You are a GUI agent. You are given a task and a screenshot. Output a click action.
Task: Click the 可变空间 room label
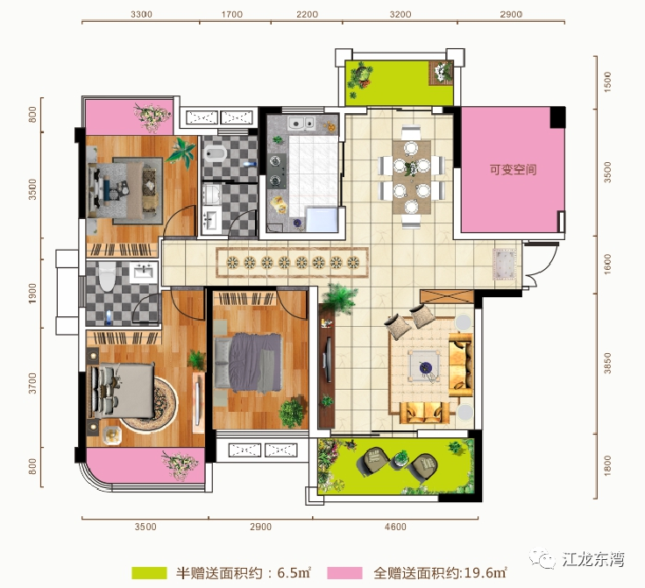[513, 169]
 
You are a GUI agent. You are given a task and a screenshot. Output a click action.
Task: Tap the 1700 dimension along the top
[231, 14]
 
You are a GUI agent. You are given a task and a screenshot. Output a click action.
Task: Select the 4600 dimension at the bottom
[395, 527]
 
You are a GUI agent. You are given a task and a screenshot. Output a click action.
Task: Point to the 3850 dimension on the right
[608, 363]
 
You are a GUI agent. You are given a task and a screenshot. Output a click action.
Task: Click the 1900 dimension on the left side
[33, 294]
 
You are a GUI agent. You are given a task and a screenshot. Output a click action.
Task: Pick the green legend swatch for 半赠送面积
[149, 573]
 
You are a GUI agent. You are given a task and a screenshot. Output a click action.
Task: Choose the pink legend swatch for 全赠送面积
[344, 573]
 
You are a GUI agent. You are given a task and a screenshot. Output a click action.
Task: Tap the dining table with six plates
[411, 177]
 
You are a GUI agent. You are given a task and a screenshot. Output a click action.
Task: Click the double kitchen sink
[301, 123]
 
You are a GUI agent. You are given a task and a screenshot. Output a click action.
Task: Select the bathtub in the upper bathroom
[216, 153]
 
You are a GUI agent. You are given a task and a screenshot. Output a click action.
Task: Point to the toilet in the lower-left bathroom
[108, 275]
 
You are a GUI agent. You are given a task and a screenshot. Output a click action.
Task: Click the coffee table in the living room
[424, 365]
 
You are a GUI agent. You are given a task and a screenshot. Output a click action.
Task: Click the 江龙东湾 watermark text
[592, 559]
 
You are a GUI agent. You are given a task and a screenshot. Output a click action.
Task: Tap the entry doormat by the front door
[504, 265]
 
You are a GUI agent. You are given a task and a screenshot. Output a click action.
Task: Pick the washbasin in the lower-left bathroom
[143, 271]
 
